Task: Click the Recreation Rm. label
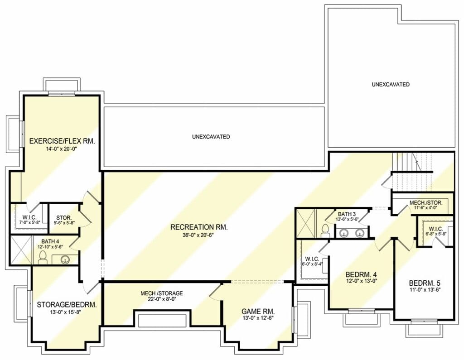tap(199, 227)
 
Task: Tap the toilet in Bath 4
tap(43, 257)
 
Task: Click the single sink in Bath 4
tap(65, 260)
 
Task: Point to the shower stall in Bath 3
tap(306, 223)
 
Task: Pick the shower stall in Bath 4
tap(21, 250)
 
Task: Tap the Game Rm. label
tap(258, 311)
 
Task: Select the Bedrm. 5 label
tap(425, 283)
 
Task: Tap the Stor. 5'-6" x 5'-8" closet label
tap(64, 221)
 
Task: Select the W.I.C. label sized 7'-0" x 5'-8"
tap(29, 220)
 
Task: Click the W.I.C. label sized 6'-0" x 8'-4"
tap(312, 261)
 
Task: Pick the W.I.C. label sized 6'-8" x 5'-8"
tap(436, 231)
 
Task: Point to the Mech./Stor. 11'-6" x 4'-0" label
tap(426, 205)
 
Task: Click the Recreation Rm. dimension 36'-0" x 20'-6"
tap(199, 235)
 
